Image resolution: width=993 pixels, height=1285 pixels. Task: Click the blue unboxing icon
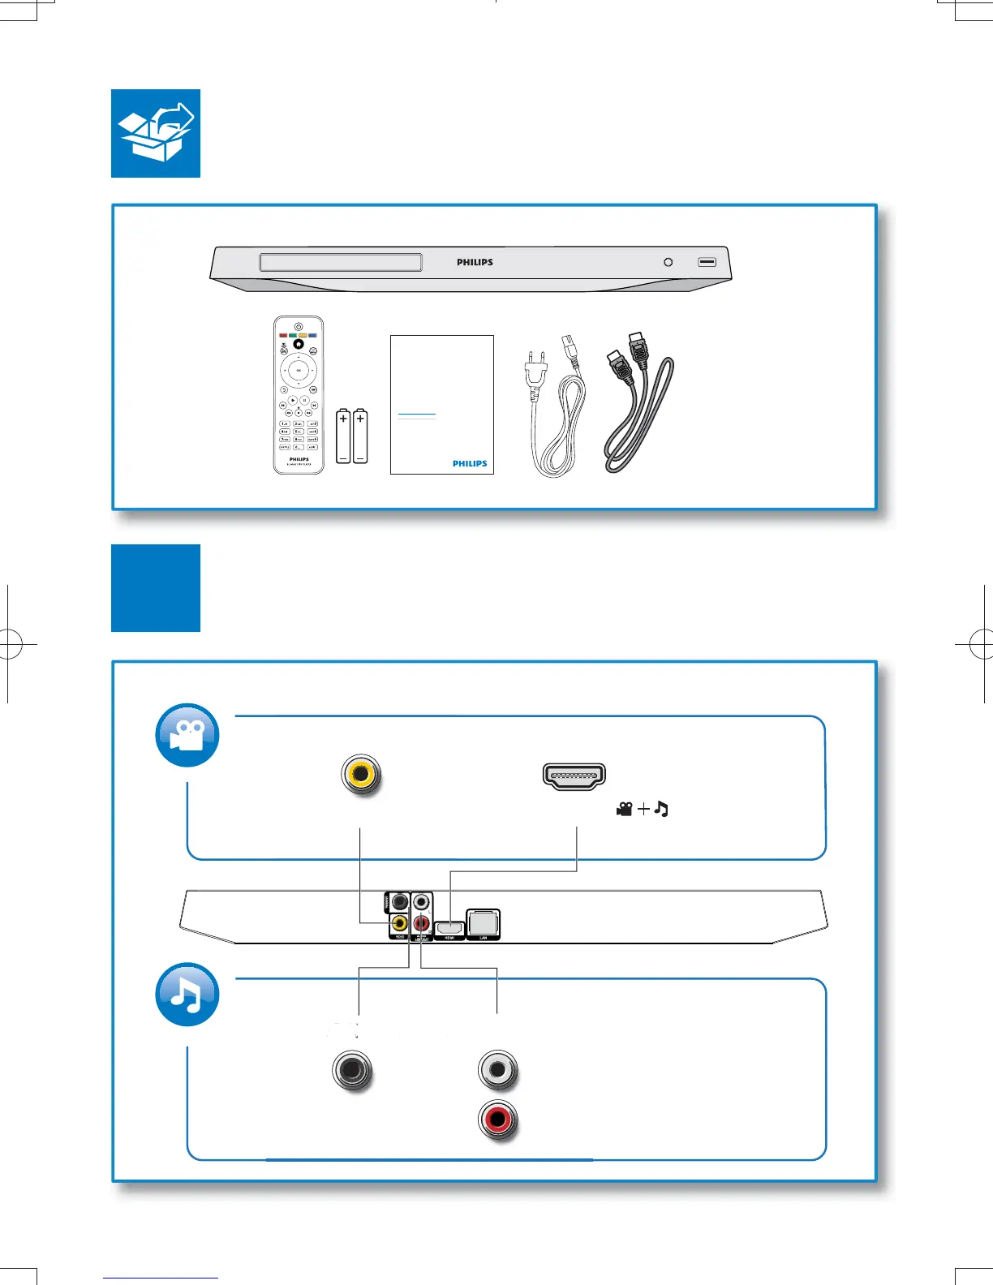(156, 133)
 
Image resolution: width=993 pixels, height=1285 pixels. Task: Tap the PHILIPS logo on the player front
(475, 262)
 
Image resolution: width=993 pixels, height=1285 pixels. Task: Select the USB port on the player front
(707, 262)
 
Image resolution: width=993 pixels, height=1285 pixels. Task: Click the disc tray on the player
(341, 262)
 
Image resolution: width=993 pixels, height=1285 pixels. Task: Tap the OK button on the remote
(299, 371)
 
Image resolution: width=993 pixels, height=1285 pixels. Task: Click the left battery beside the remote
(343, 436)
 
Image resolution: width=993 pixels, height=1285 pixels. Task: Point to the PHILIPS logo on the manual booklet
(470, 464)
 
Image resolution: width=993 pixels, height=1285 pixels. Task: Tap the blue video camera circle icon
(187, 735)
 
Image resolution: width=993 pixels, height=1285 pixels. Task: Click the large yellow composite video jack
(361, 774)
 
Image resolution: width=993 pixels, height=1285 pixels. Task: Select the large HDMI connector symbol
(574, 776)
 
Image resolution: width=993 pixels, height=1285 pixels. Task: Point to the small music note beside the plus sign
(661, 809)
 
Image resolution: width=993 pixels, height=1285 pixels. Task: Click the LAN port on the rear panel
(484, 923)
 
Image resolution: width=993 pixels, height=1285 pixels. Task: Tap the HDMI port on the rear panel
(449, 927)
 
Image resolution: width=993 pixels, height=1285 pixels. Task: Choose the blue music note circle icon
(187, 994)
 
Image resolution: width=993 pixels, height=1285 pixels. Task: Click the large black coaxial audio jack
(352, 1070)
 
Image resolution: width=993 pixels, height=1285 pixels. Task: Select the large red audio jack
(497, 1120)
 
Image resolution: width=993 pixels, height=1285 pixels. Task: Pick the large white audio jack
(497, 1070)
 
